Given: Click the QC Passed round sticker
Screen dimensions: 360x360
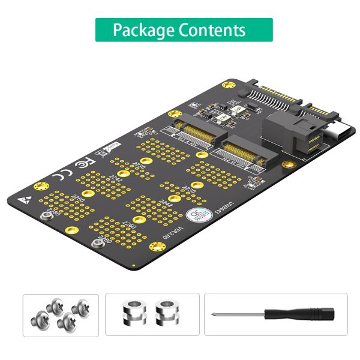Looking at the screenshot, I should pos(195,215).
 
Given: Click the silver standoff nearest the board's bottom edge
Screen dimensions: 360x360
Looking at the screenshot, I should pos(97,244).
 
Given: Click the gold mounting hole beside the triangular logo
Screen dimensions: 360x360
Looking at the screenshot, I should pos(41,186).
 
